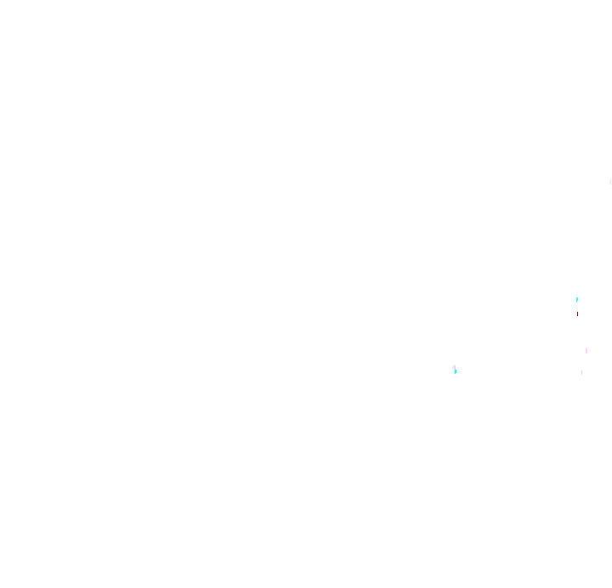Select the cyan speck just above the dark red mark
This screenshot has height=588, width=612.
(577, 299)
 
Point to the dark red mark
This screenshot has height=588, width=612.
(577, 314)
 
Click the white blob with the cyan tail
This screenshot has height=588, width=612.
(454, 367)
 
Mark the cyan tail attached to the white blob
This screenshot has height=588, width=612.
(456, 371)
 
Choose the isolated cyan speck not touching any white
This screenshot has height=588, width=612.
(577, 299)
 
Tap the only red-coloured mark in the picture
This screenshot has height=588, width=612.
(577, 314)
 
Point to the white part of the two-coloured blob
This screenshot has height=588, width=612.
(454, 367)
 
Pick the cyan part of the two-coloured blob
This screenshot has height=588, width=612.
(456, 371)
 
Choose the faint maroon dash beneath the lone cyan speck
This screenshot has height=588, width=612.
(577, 314)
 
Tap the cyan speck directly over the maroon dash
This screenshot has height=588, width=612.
(577, 299)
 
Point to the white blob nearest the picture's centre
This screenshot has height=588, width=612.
(454, 367)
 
